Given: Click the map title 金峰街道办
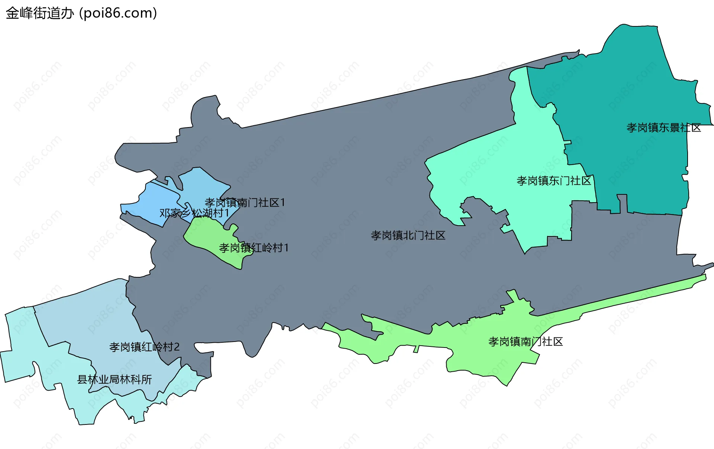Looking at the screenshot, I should click(40, 13).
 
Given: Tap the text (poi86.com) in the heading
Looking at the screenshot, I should click(118, 13).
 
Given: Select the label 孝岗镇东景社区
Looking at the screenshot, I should click(663, 128).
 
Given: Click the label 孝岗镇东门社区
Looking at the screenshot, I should click(554, 181).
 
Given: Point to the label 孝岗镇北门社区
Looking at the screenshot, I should click(408, 236).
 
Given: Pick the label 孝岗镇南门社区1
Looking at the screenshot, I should click(245, 203).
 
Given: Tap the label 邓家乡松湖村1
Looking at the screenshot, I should click(194, 213).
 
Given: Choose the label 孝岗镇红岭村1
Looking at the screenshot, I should click(254, 248).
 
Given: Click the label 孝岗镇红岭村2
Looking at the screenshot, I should click(144, 347).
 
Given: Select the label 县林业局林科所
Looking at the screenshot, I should click(114, 379).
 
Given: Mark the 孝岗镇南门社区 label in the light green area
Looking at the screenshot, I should click(525, 342).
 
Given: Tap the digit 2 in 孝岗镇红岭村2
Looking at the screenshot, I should click(177, 347).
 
